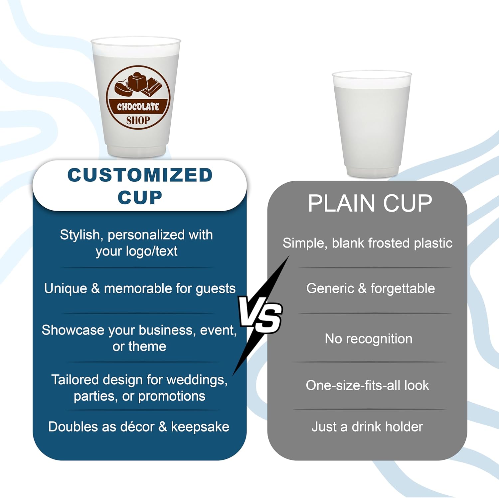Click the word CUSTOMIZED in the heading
coord(140,175)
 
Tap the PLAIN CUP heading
coord(370,203)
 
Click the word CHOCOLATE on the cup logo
coord(138,107)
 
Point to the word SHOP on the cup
coord(138,120)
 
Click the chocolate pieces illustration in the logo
coord(138,84)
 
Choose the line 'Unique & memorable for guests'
coord(140,288)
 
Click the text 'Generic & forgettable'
coord(370,288)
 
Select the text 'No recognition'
coord(368,339)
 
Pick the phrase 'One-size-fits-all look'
coord(367,385)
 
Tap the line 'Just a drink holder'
coord(367,427)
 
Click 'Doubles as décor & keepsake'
coord(139,427)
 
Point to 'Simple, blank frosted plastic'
coord(367,243)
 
